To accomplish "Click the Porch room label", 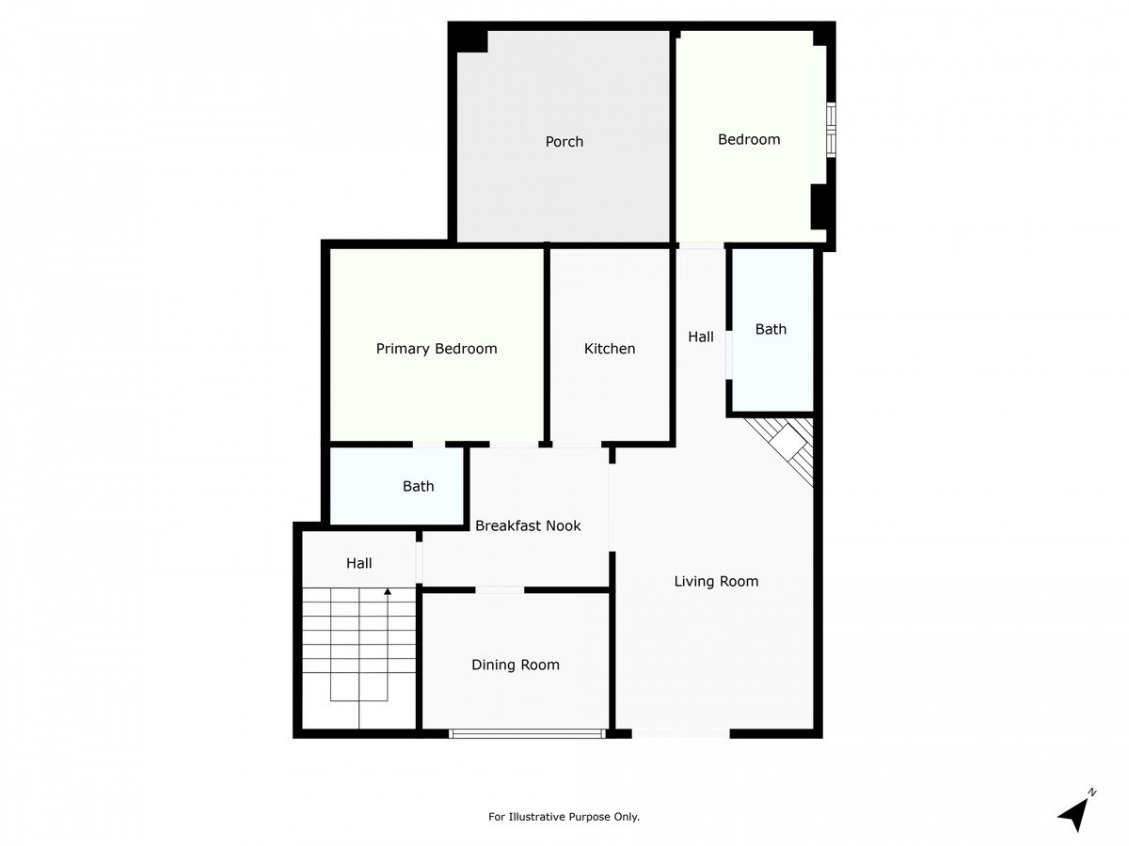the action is tap(564, 141).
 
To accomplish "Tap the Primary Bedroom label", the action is tap(437, 349).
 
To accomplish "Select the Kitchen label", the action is tap(610, 349).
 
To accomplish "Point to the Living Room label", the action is tap(716, 581).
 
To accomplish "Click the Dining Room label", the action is tap(516, 665).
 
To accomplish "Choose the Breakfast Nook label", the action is tap(528, 525).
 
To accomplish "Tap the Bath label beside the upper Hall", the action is tap(771, 329).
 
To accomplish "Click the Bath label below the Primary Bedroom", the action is tap(418, 486).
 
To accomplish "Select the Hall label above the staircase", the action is tap(358, 563).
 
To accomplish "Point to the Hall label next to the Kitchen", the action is tap(701, 337).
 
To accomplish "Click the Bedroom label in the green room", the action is tap(749, 139).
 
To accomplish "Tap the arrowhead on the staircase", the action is tap(388, 592).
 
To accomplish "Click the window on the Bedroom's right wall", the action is tap(831, 131).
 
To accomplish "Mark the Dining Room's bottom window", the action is tap(527, 733).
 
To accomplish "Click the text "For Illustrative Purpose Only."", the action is tap(564, 816).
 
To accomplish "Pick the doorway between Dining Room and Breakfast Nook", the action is tap(500, 590).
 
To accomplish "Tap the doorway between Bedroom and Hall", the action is tap(702, 246).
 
